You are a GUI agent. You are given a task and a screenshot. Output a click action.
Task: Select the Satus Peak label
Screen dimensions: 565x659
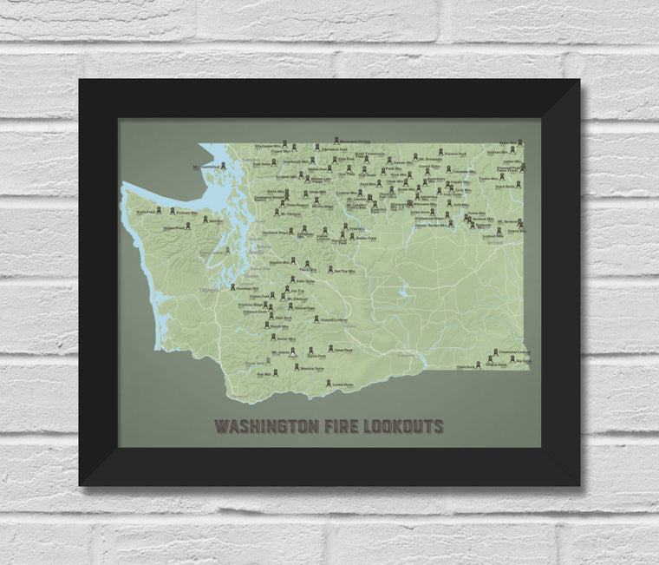[342, 351]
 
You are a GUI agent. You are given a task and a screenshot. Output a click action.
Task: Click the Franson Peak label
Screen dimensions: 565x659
[455, 154]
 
